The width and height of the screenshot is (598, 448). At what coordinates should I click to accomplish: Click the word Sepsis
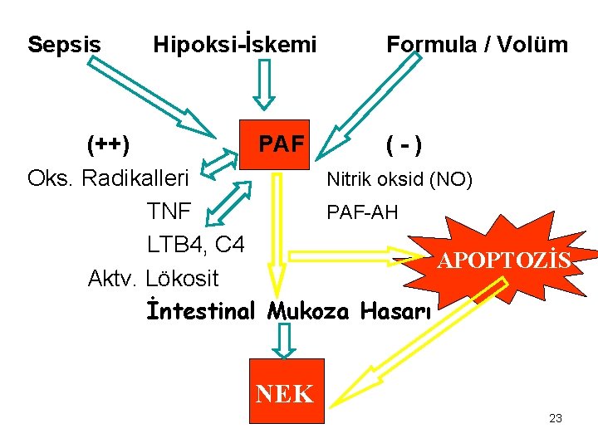(64, 44)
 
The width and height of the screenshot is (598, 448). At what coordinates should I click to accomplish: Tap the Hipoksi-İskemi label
(235, 44)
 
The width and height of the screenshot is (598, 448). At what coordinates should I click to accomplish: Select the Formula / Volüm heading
(477, 44)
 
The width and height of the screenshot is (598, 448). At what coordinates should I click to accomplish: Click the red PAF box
(281, 145)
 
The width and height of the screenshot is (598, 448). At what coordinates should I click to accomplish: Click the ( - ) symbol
(402, 147)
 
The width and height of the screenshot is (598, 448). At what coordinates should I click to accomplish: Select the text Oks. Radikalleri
(109, 178)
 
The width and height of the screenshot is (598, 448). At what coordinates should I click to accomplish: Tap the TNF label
(169, 212)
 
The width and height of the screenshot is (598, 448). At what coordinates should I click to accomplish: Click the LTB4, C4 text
(196, 245)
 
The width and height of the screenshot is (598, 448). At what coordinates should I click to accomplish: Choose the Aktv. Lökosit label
(154, 278)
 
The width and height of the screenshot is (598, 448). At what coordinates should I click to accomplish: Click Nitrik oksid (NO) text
(399, 179)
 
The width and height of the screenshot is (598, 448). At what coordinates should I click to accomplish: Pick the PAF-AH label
(362, 212)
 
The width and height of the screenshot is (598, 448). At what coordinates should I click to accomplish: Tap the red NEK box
(285, 392)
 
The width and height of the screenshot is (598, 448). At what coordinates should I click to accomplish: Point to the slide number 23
(556, 418)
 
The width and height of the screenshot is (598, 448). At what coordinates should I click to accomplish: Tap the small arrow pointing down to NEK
(285, 341)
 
